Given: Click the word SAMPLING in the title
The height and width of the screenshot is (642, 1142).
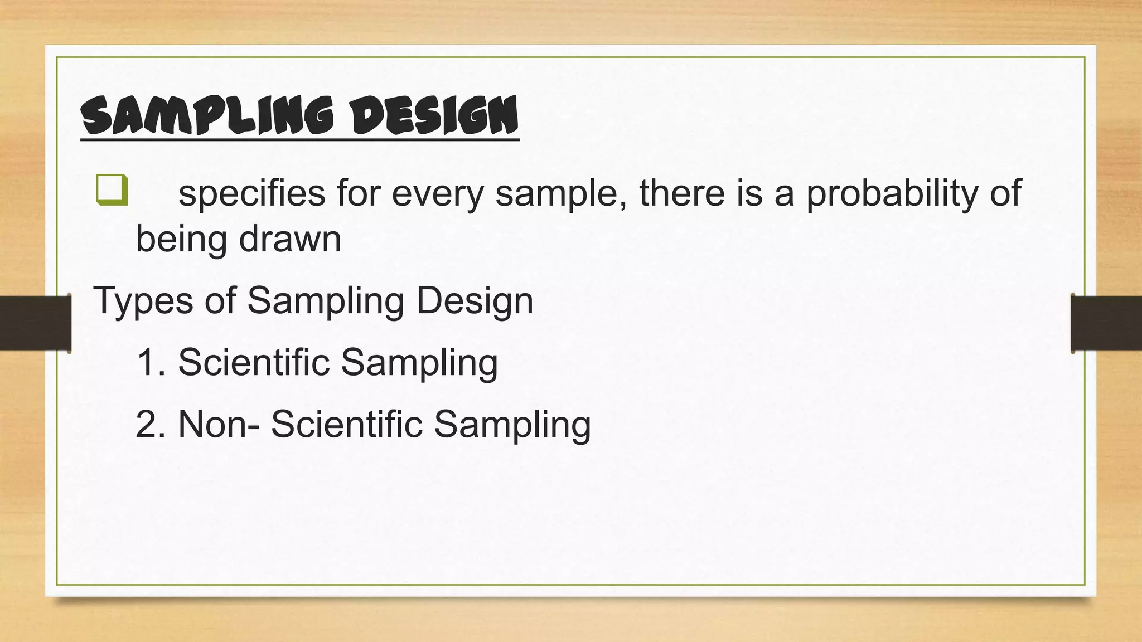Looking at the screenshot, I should tap(207, 115).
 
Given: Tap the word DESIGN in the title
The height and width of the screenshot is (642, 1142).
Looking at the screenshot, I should tap(435, 115).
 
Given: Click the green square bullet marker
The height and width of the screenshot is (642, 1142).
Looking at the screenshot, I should tap(112, 190).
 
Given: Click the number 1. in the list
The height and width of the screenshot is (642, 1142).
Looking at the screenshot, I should tap(151, 362).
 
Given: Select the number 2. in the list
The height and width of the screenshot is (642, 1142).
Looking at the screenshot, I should tap(151, 424).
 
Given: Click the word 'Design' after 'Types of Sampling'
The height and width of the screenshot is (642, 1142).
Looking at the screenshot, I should tap(475, 301).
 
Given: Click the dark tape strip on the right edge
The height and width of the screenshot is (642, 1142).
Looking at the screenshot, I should tap(1106, 323).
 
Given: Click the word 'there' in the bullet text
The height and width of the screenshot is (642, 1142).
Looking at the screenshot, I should tap(681, 193).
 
